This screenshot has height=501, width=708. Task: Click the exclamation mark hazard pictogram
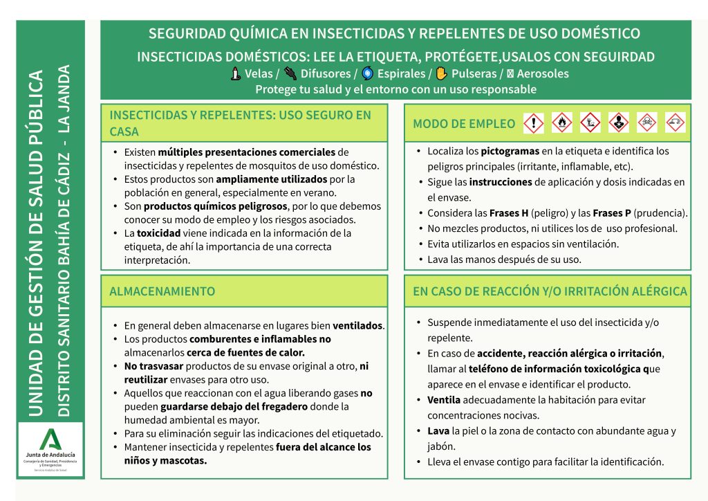click(x=534, y=123)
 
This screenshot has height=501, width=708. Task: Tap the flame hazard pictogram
click(x=562, y=123)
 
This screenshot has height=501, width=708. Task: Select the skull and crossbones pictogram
click(x=646, y=123)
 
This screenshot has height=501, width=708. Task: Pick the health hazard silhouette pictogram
click(x=619, y=123)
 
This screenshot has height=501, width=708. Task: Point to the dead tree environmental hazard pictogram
click(x=590, y=123)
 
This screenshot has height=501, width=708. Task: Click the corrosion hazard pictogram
click(x=675, y=123)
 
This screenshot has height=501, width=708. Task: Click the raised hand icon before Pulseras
click(x=442, y=73)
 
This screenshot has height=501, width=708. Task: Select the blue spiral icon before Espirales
click(x=367, y=73)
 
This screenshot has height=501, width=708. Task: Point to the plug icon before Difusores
click(x=290, y=73)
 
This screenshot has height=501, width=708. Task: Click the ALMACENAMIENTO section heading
click(x=162, y=291)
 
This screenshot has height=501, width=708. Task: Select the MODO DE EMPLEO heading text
click(x=464, y=124)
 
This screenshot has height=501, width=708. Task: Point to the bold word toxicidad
click(x=158, y=233)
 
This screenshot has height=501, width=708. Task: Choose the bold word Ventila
click(x=444, y=400)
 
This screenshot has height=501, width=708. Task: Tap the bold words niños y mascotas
click(x=165, y=460)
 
